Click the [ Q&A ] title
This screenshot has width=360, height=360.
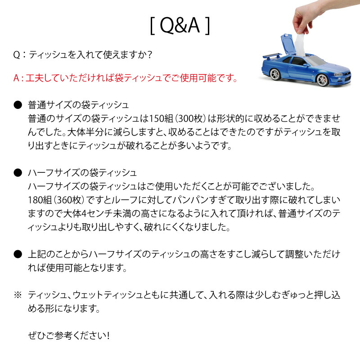click(180, 26)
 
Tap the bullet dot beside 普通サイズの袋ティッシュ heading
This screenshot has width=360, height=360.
click(18, 105)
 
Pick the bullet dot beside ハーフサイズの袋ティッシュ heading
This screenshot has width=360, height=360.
click(18, 172)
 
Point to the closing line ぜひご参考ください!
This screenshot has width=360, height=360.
click(68, 336)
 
